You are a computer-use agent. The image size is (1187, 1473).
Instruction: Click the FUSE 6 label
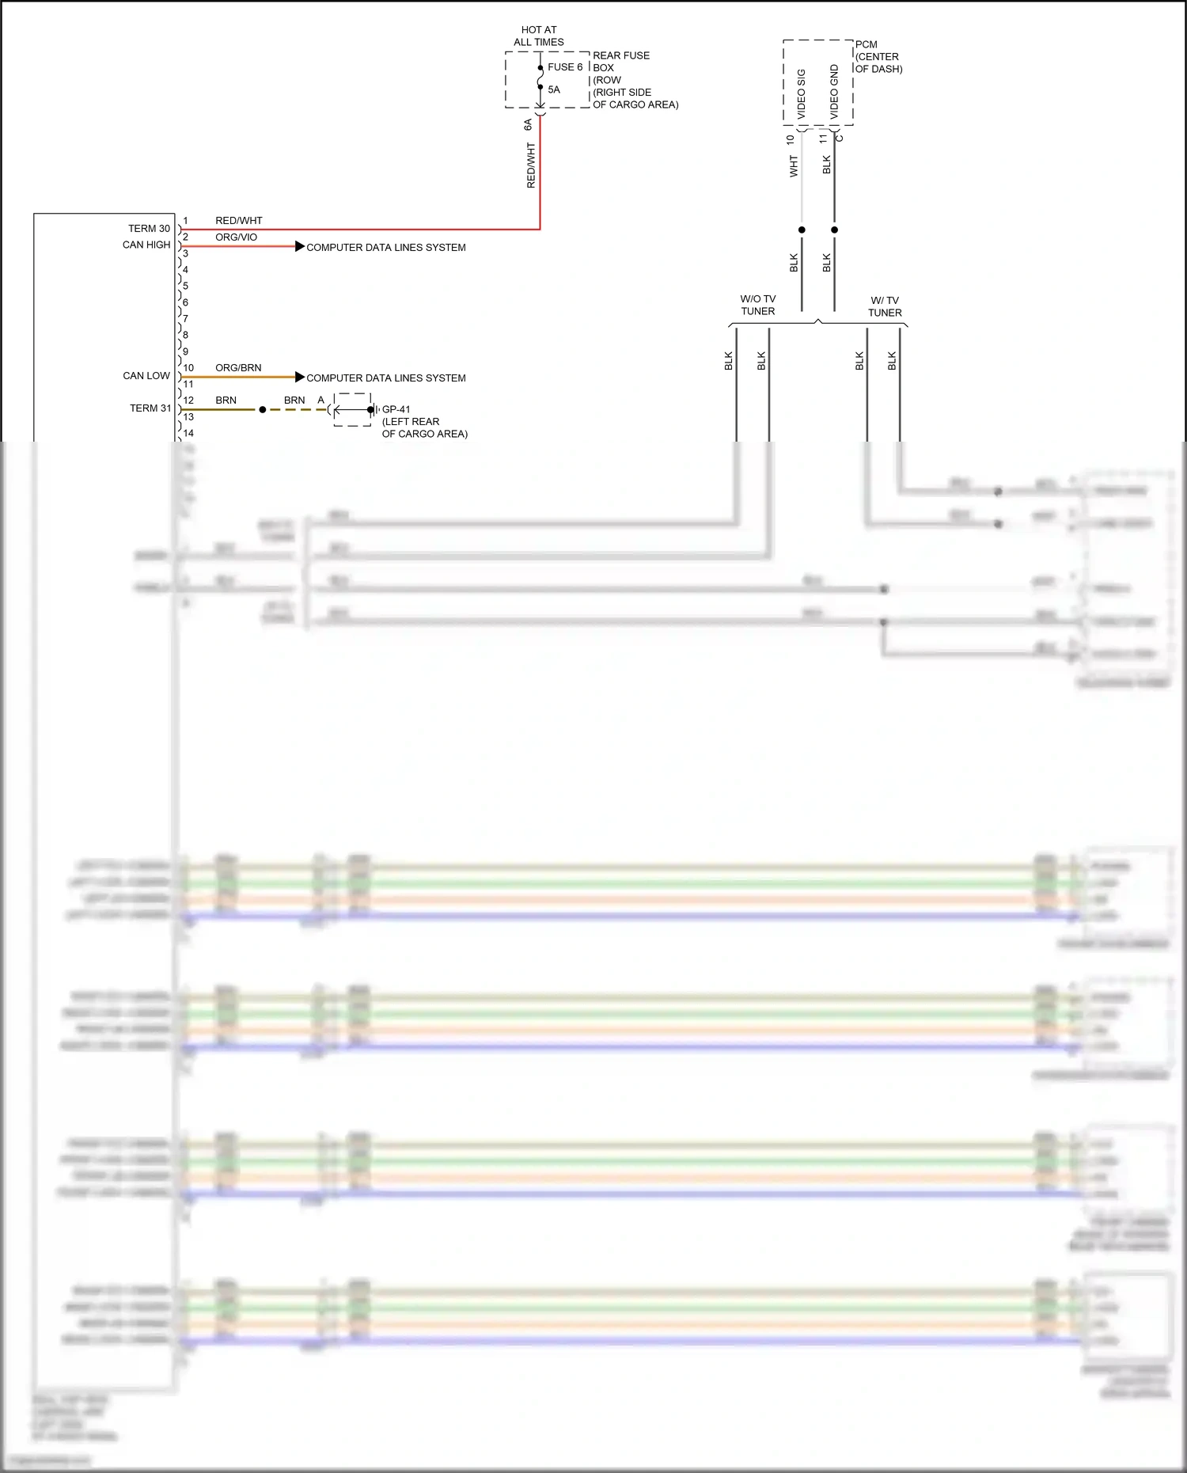click(564, 67)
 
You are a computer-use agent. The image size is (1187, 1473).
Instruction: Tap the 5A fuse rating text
click(554, 89)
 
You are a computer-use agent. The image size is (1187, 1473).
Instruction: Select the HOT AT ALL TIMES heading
click(538, 36)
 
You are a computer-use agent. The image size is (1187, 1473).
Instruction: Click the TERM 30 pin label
click(149, 229)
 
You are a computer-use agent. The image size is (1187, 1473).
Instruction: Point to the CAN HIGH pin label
click(146, 245)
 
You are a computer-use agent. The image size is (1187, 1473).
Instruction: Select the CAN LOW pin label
click(146, 376)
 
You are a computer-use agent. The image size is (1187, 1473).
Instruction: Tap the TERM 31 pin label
click(150, 408)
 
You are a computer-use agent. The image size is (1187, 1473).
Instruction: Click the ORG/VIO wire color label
click(236, 237)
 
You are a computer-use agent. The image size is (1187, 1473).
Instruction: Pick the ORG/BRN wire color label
click(238, 368)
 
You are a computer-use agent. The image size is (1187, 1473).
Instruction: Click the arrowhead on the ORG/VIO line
click(299, 246)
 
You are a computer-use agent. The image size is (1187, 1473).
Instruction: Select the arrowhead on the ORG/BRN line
click(299, 377)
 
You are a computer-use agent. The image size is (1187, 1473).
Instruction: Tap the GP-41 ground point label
click(396, 409)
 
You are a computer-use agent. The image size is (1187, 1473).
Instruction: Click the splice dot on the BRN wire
click(263, 409)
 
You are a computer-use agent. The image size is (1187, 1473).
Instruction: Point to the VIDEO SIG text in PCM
click(801, 93)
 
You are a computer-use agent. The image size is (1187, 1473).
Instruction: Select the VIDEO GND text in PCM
click(834, 92)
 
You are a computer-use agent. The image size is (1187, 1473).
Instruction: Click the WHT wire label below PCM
click(794, 166)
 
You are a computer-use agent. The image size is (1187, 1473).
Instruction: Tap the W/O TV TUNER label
click(757, 305)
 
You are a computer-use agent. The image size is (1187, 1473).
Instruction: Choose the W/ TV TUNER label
click(885, 306)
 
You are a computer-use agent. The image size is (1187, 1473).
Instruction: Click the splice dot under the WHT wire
click(802, 230)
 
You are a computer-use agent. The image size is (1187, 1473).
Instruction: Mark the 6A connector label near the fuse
click(528, 125)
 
